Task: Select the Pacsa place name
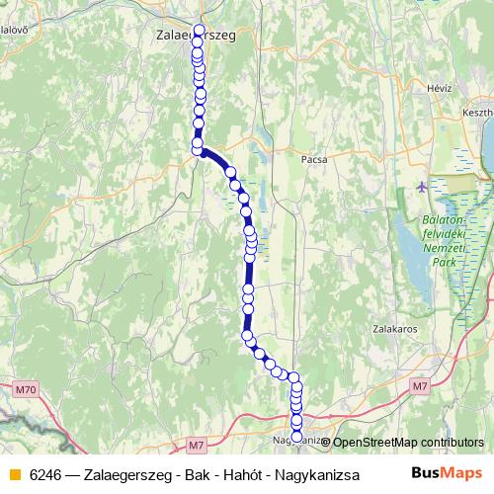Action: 313,157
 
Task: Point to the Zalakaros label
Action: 392,327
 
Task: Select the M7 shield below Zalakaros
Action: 421,385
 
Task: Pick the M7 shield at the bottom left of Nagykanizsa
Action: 197,447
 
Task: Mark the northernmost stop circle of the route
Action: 201,30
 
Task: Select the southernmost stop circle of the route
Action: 296,436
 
